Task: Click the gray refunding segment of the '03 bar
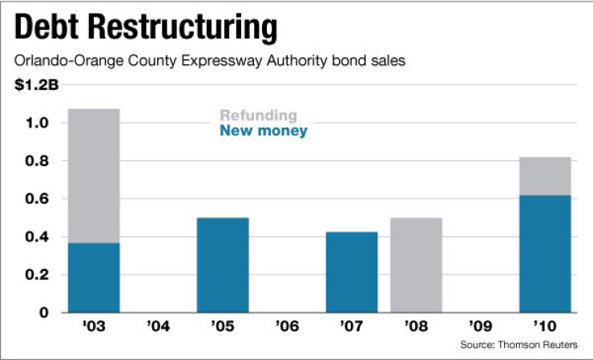pos(94,176)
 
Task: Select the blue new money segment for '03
pos(94,277)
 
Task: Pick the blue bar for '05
pos(223,265)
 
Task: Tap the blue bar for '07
pos(352,272)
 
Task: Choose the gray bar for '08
pos(416,265)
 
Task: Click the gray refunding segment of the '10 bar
pos(545,176)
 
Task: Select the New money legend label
pos(263,131)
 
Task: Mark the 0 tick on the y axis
pos(46,312)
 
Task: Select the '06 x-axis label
pos(288,328)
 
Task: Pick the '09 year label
pos(481,328)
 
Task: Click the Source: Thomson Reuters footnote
pos(518,345)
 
